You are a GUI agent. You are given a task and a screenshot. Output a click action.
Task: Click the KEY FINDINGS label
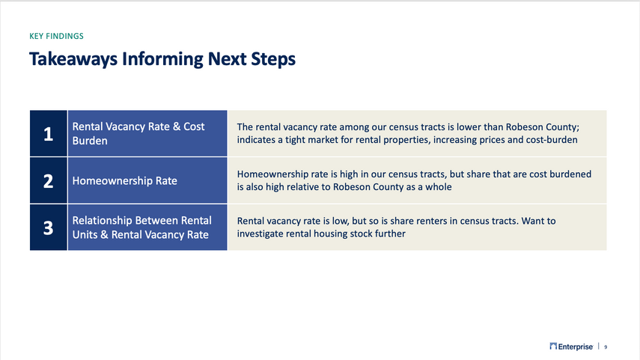tap(56, 36)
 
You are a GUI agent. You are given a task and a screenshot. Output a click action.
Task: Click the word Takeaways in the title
tap(73, 59)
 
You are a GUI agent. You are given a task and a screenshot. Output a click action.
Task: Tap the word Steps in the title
tap(273, 59)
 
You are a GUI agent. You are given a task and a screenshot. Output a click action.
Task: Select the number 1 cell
tap(48, 133)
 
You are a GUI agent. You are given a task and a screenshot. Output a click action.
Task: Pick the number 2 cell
tap(48, 180)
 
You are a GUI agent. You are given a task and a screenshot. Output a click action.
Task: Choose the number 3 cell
tap(48, 228)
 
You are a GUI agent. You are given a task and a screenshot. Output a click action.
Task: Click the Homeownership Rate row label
tap(124, 181)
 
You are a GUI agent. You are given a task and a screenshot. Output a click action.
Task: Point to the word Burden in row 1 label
tap(90, 141)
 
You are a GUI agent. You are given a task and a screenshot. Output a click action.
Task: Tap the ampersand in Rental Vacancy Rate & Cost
tap(177, 126)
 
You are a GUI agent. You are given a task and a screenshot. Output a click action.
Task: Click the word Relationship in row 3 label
tap(102, 221)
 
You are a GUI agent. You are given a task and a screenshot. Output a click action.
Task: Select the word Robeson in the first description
tap(523, 127)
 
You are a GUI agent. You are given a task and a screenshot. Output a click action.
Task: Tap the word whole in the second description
tap(439, 187)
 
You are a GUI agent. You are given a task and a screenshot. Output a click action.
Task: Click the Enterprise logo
tap(571, 347)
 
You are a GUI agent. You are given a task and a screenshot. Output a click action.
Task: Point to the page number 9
tap(606, 347)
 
